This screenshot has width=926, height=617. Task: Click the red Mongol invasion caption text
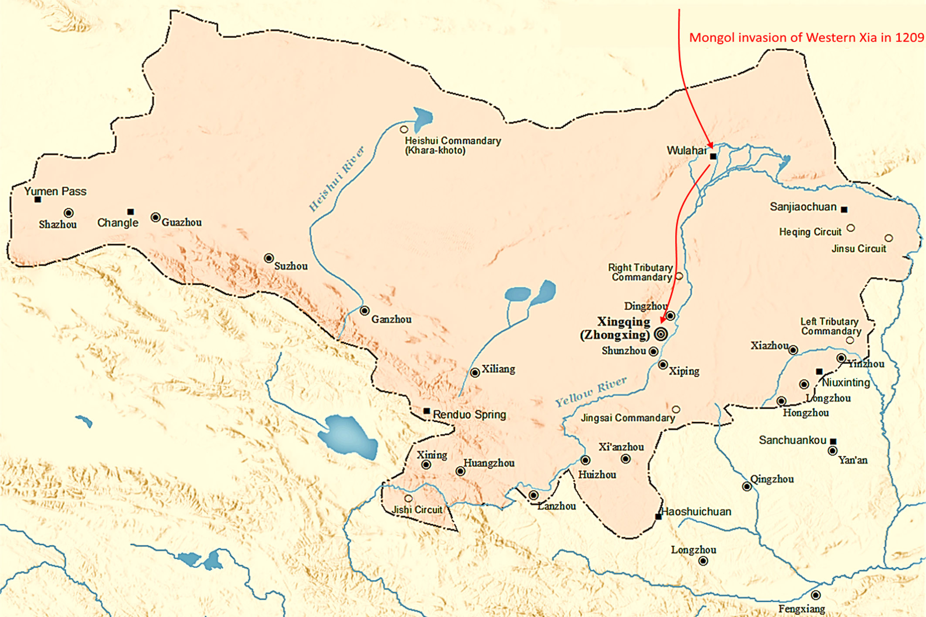806,37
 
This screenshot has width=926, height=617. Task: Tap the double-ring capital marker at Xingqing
661,334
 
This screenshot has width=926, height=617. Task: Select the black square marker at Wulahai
713,156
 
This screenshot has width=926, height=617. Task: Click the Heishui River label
336,179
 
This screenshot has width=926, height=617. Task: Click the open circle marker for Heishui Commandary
404,129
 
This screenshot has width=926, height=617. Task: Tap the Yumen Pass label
55,191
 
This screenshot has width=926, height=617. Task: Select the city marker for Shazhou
68,213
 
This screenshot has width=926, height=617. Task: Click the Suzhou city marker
269,258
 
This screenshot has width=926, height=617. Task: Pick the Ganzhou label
391,319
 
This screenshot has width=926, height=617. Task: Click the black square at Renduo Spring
427,411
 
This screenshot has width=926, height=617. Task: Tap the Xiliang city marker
475,373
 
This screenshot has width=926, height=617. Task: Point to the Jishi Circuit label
417,509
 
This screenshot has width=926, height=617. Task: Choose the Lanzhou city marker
534,495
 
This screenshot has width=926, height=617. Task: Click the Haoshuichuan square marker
658,517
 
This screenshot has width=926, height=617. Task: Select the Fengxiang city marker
816,595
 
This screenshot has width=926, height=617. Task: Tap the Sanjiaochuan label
803,207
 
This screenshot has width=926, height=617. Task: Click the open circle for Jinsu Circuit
889,238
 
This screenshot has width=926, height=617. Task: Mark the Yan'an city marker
833,451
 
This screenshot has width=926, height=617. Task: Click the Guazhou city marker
155,217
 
